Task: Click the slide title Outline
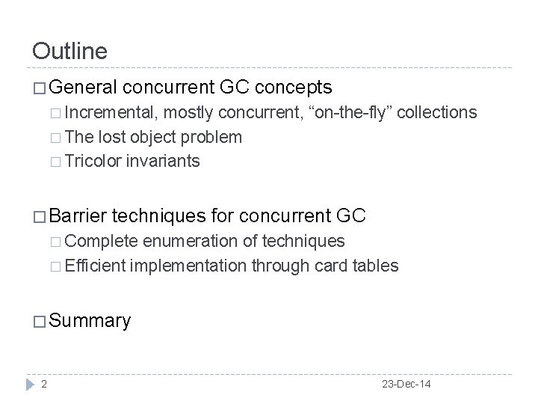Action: [70, 51]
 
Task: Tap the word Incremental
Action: [110, 112]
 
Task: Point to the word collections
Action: [437, 112]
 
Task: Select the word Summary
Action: [89, 321]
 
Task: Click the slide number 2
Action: [46, 384]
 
